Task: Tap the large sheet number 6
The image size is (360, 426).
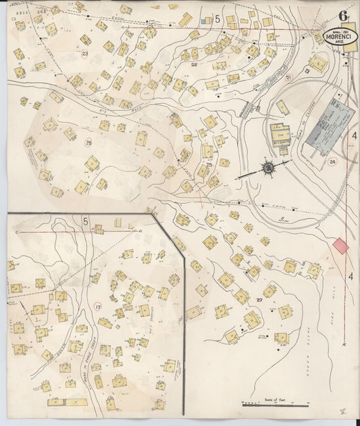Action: (x=344, y=15)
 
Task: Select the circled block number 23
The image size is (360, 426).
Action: (x=85, y=53)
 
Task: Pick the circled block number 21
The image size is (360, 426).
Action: (x=288, y=78)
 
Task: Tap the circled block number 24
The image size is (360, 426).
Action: (x=332, y=161)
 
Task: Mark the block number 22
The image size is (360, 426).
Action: (x=194, y=64)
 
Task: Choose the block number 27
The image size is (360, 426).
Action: (x=259, y=298)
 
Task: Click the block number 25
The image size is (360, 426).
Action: (x=210, y=165)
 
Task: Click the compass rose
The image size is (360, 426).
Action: (x=267, y=167)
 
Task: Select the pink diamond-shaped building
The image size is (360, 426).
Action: (x=341, y=246)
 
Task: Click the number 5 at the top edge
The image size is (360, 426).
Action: (x=218, y=20)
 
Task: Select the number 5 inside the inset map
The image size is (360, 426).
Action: (x=86, y=221)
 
